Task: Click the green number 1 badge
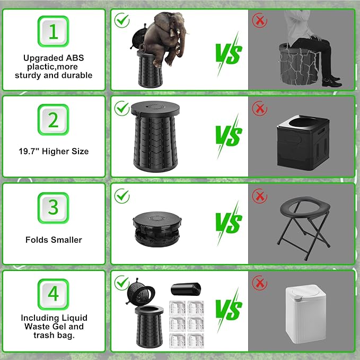coord(53,31)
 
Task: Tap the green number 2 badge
coord(53,120)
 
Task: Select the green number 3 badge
coord(53,208)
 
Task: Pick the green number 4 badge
coord(53,294)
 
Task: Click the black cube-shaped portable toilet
coord(303,143)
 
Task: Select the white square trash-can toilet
coord(305,314)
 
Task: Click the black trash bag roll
coord(186,289)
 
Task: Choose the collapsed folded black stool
coord(157,229)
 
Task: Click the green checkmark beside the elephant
coord(122,21)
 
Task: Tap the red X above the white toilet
coord(260,283)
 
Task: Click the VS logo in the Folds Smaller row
coord(229,223)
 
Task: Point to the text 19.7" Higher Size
coord(54,151)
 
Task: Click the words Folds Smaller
coord(54,240)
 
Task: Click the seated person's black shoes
coord(331,82)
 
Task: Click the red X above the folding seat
coord(260,196)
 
